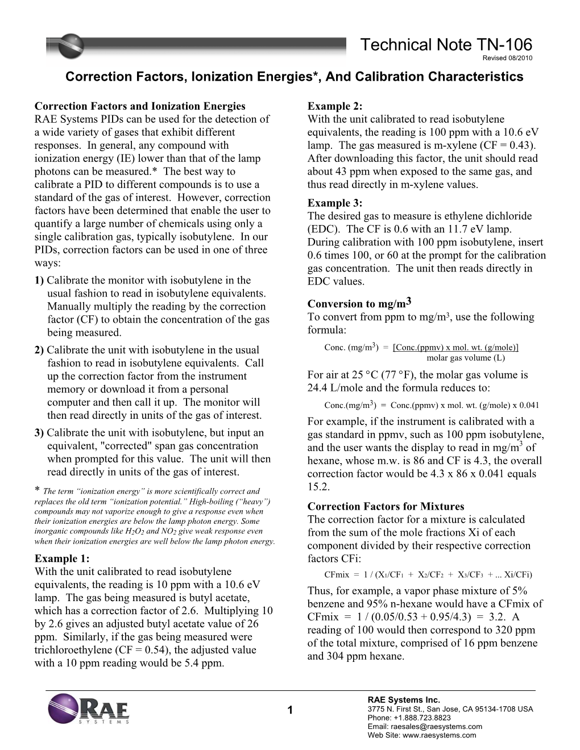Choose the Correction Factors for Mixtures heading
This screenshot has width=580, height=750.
click(386, 506)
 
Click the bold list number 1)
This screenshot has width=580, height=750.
click(39, 280)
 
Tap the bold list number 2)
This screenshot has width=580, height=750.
click(39, 350)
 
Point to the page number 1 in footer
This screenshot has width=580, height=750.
click(290, 710)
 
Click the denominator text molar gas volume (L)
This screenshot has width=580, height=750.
click(465, 358)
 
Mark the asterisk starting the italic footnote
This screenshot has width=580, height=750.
click(38, 490)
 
